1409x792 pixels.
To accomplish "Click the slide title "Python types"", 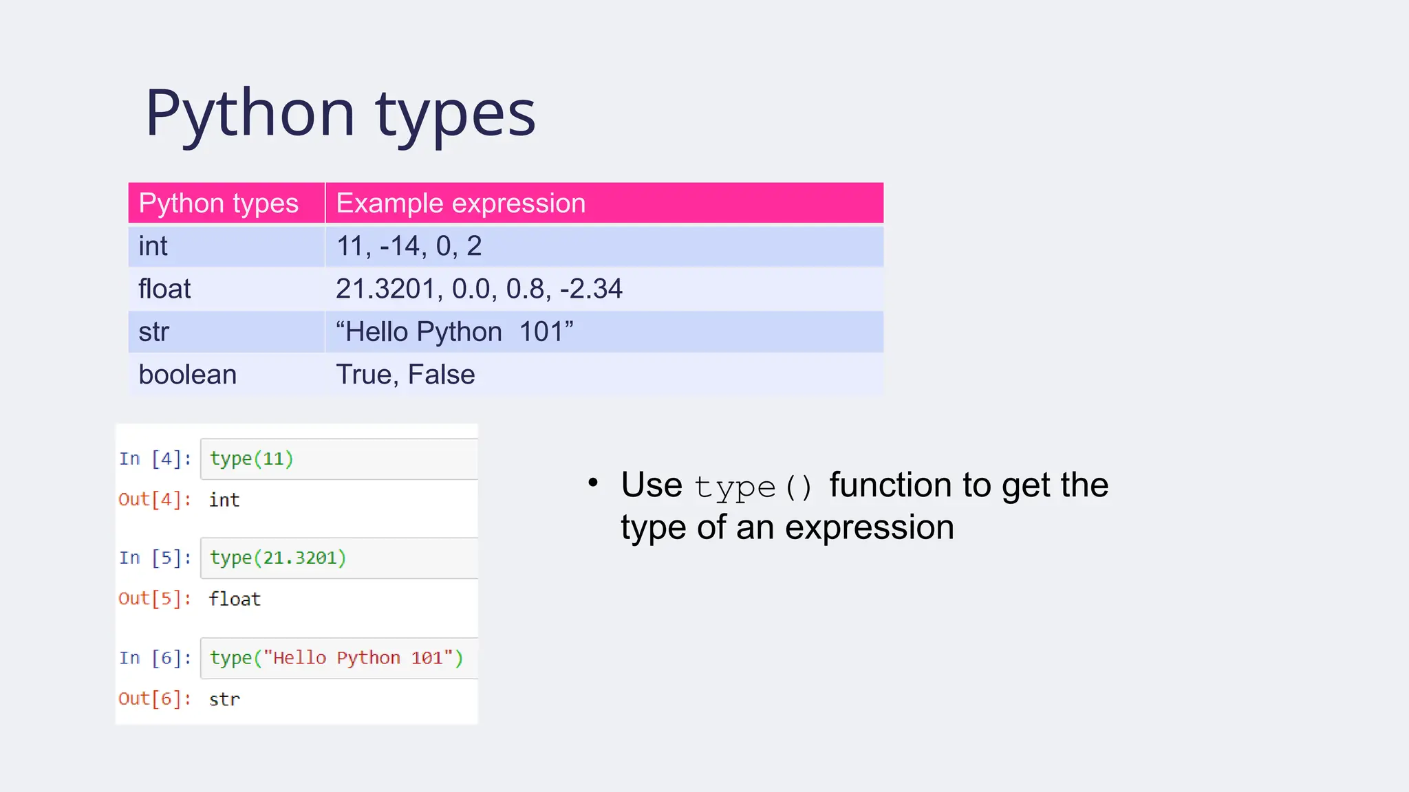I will point(340,113).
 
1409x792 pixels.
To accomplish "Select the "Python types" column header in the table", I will point(218,203).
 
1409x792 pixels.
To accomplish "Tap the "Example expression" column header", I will point(460,203).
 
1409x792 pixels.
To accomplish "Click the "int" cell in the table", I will point(153,246).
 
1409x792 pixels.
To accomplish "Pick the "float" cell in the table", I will point(164,289).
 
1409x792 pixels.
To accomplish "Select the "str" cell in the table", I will point(153,332).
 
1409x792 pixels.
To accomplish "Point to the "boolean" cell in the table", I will point(187,375).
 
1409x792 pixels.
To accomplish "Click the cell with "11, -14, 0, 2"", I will point(409,246).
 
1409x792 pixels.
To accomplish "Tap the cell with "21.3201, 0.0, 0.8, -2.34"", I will point(479,289).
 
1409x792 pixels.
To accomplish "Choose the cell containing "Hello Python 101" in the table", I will point(454,332).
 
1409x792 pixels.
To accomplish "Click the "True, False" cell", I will point(405,375).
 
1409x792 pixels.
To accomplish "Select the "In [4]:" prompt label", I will point(155,459).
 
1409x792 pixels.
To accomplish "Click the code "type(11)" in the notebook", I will point(252,459).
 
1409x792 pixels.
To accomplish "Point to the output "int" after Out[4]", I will point(224,500).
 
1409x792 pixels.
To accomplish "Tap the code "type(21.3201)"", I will point(278,558).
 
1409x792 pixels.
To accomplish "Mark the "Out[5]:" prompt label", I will point(155,599).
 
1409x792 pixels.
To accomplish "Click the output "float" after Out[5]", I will point(235,599).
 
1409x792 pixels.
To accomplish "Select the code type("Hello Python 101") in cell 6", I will point(336,658).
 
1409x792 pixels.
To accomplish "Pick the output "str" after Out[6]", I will point(224,699).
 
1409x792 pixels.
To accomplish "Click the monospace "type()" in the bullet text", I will point(753,487).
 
